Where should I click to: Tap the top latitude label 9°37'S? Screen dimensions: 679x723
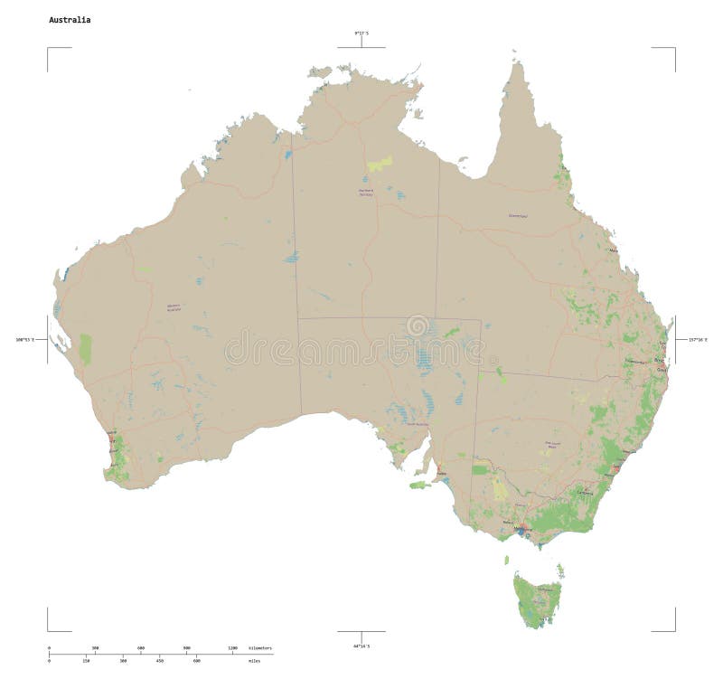361,33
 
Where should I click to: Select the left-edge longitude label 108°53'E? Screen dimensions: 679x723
23,339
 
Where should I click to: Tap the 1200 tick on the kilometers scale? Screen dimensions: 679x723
233,649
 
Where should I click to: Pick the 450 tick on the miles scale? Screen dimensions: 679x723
160,661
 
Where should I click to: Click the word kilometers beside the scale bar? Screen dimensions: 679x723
260,649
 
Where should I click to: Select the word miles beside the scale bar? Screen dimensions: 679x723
254,661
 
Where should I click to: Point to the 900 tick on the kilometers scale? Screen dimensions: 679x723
187,649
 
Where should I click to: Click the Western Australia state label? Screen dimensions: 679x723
174,307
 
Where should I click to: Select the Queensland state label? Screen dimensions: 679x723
518,216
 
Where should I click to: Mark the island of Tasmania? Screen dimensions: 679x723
533,597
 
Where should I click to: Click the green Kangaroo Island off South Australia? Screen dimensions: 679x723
417,486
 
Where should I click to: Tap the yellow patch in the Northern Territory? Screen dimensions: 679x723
380,164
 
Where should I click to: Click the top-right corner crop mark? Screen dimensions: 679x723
674,47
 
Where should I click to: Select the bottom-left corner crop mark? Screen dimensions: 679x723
48,630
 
